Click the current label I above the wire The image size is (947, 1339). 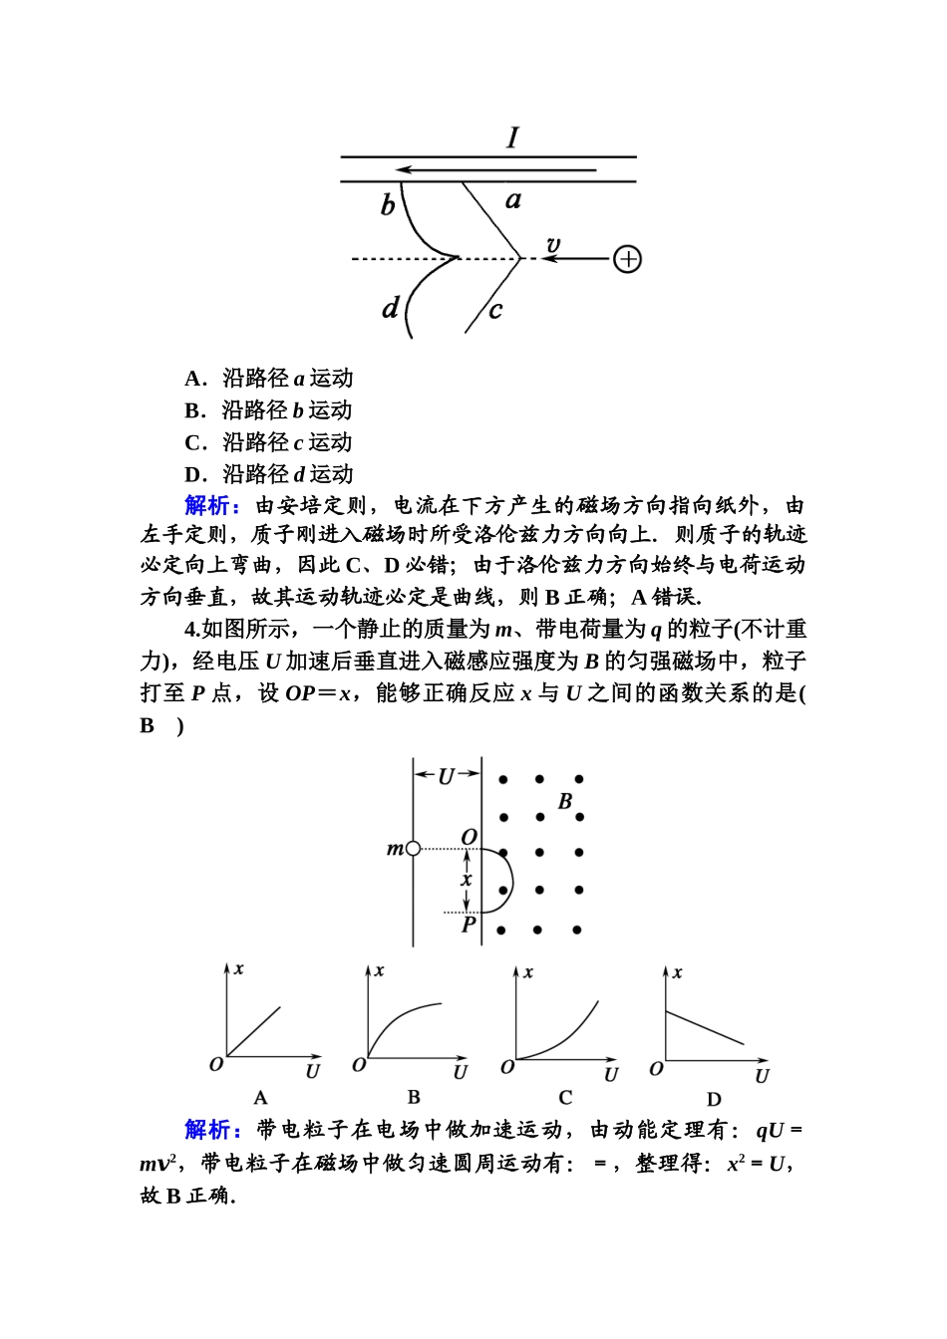pyautogui.click(x=513, y=137)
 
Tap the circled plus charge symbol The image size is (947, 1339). pyautogui.click(x=627, y=259)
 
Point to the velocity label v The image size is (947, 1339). pyautogui.click(x=553, y=244)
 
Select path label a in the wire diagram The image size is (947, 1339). pyautogui.click(x=513, y=200)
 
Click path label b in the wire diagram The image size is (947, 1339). pyautogui.click(x=388, y=205)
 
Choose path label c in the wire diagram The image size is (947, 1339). pyautogui.click(x=495, y=310)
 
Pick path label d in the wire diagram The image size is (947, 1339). pyautogui.click(x=391, y=308)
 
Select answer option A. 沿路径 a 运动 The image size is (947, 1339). pyautogui.click(x=269, y=379)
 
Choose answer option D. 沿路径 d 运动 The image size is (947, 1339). pyautogui.click(x=269, y=474)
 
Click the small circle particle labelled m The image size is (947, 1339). pyautogui.click(x=414, y=849)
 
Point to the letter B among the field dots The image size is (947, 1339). pyautogui.click(x=565, y=800)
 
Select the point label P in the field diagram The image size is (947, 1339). pyautogui.click(x=469, y=925)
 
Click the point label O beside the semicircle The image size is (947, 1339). pyautogui.click(x=469, y=836)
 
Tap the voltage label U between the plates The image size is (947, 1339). pyautogui.click(x=446, y=776)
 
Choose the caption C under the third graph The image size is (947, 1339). pyautogui.click(x=565, y=1098)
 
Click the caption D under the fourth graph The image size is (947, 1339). pyautogui.click(x=714, y=1100)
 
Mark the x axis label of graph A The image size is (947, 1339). pyautogui.click(x=239, y=968)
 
